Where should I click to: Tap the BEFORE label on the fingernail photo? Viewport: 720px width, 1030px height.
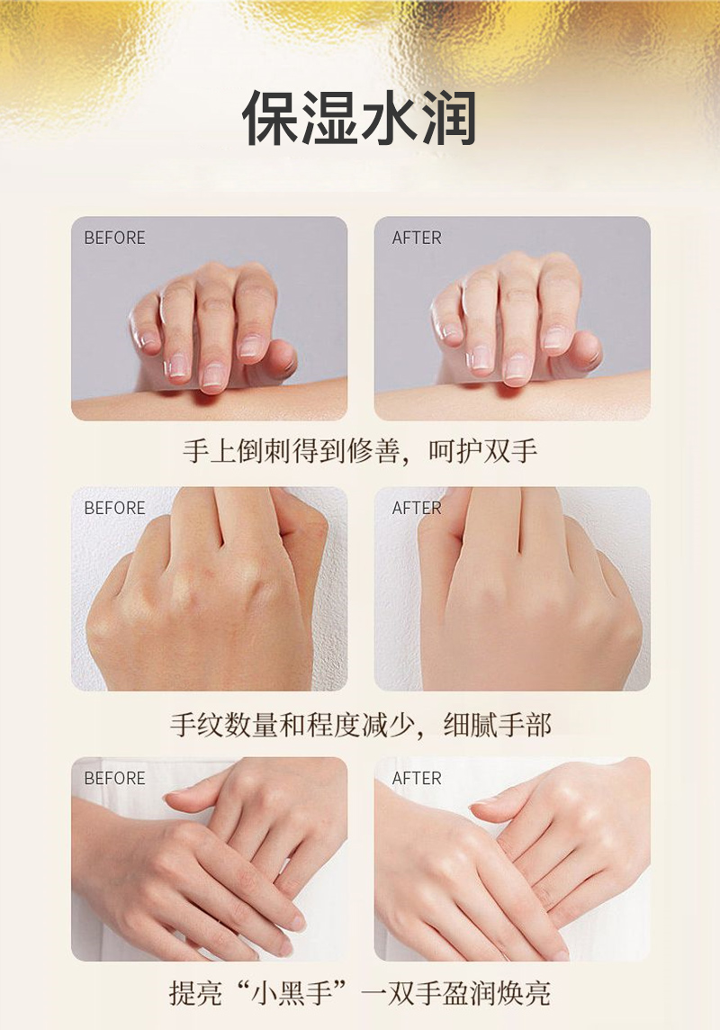115,238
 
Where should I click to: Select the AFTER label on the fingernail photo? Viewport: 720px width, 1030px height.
417,238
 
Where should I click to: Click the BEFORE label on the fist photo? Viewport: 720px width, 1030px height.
115,508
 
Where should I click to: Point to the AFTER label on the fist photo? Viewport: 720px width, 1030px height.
417,508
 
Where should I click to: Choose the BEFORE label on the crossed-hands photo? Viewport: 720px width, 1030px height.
115,778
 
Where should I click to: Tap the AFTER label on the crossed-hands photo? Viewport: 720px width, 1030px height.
417,778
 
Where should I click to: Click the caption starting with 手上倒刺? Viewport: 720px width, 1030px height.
360,451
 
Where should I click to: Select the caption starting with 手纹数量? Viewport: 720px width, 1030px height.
360,725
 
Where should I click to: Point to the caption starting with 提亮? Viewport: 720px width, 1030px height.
360,992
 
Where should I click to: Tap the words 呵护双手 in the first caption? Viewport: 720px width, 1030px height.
483,451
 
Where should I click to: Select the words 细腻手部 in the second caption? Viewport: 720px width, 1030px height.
497,725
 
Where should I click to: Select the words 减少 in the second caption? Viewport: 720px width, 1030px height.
388,725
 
